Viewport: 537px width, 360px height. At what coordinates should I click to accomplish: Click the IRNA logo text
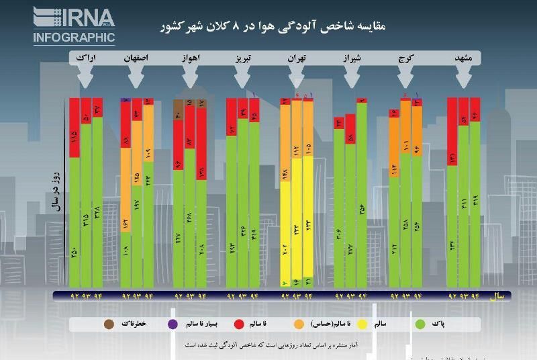click(x=74, y=17)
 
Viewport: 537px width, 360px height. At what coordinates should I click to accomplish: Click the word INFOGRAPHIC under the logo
click(x=74, y=37)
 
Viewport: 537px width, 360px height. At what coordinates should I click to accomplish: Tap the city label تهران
click(x=297, y=60)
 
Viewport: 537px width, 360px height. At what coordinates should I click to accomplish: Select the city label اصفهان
click(x=136, y=60)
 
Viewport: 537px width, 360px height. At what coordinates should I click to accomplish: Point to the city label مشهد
click(x=463, y=60)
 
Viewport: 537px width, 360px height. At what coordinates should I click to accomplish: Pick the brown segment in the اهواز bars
click(x=179, y=111)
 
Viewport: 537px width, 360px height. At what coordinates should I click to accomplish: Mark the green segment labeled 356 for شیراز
click(x=362, y=201)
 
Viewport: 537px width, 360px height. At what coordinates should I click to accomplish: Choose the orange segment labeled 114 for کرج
click(x=394, y=168)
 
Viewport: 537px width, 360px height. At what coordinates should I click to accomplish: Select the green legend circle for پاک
click(x=421, y=324)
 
